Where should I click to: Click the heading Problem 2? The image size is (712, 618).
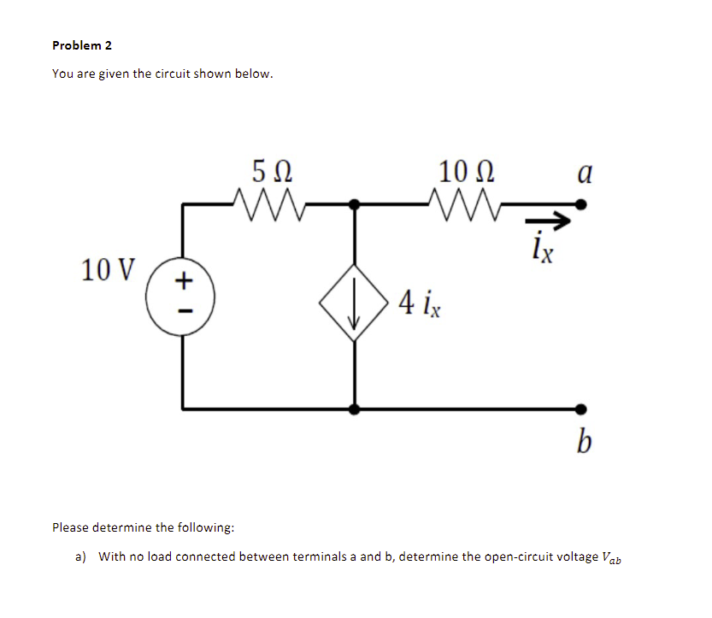(x=82, y=45)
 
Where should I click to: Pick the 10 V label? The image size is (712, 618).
(x=108, y=270)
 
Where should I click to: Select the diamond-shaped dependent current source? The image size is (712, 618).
(x=355, y=303)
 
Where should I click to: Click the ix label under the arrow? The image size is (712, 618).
(x=543, y=251)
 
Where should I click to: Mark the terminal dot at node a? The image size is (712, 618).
(x=581, y=204)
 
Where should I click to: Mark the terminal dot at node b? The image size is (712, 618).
(x=581, y=409)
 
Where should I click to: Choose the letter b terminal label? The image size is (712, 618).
(x=584, y=443)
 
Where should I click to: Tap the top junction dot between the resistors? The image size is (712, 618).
(x=355, y=204)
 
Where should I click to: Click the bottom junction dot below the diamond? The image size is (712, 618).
(x=355, y=409)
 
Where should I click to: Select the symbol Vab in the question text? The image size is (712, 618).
(x=613, y=558)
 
